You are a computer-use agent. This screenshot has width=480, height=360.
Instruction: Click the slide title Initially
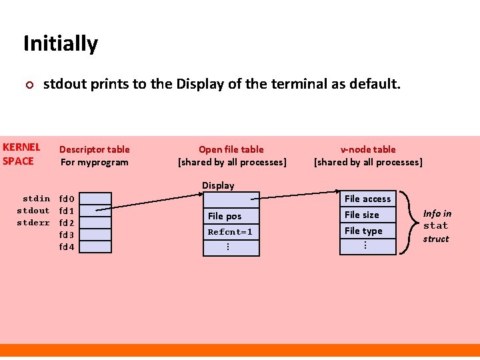61,43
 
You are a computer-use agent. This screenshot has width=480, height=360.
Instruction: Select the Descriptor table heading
95,155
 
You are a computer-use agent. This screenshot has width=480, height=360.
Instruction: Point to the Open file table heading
231,155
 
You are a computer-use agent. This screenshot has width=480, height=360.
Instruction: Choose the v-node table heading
368,155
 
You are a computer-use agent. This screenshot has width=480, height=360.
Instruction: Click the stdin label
36,199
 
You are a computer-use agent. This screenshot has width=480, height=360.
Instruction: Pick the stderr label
33,223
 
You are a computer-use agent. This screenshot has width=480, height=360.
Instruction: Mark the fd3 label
67,235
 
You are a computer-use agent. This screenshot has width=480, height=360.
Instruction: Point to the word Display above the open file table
218,185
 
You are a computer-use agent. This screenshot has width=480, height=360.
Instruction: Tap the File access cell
368,199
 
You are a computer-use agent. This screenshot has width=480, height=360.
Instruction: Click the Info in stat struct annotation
437,226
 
